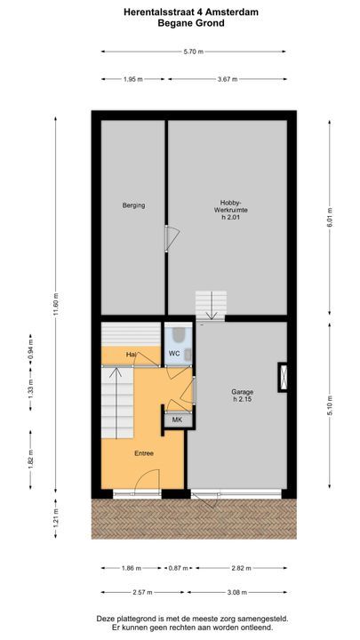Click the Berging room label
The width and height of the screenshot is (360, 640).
point(133,205)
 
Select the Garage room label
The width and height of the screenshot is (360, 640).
point(242,396)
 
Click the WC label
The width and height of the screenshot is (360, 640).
point(174,354)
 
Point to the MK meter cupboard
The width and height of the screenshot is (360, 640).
point(177,420)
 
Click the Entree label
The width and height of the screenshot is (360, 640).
point(144,453)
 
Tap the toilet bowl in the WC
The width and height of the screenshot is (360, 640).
point(179,335)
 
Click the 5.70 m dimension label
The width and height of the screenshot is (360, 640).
point(194,52)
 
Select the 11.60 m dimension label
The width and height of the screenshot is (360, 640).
point(55,305)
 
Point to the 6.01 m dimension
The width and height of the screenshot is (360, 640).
point(330,218)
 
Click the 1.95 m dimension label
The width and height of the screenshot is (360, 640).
point(133,79)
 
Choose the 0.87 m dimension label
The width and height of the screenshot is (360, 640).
point(179,568)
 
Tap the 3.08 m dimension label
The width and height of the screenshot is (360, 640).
point(237,592)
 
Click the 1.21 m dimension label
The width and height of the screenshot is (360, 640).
point(55,519)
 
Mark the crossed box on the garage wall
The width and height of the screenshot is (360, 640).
point(284,377)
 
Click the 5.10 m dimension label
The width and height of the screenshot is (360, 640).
point(330,405)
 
